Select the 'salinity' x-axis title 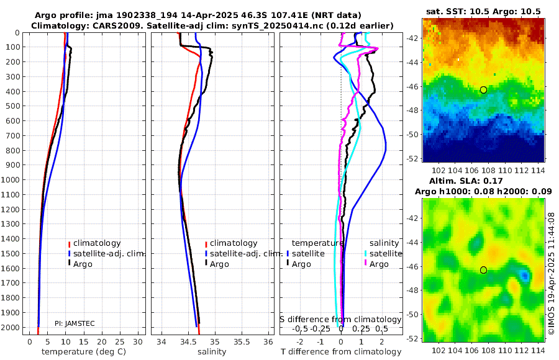click(212, 352)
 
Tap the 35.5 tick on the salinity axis click(242, 341)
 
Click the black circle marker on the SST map click(483, 90)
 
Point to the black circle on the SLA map click(483, 270)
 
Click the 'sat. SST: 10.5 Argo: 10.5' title click(483, 12)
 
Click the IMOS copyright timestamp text click(552, 271)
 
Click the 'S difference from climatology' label click(340, 319)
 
